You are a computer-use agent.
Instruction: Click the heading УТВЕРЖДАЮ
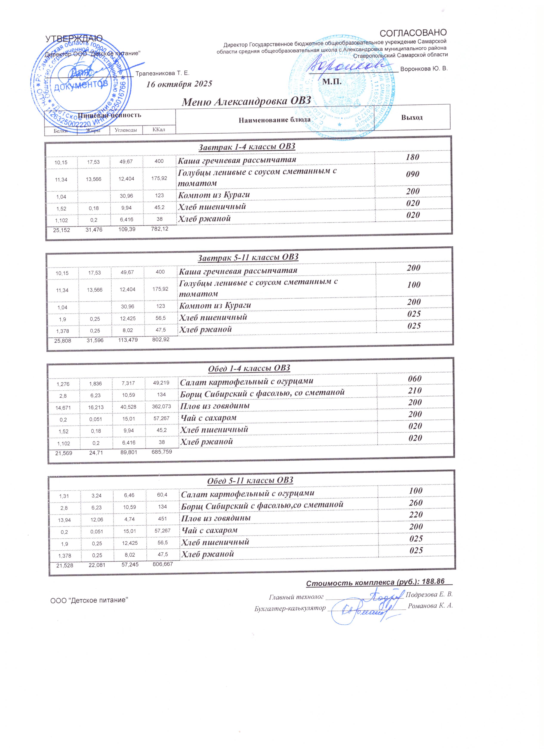click(74, 39)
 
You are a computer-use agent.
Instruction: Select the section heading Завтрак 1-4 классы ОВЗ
click(247, 147)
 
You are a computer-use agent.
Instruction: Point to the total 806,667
click(163, 564)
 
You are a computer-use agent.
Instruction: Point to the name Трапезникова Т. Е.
click(162, 73)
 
